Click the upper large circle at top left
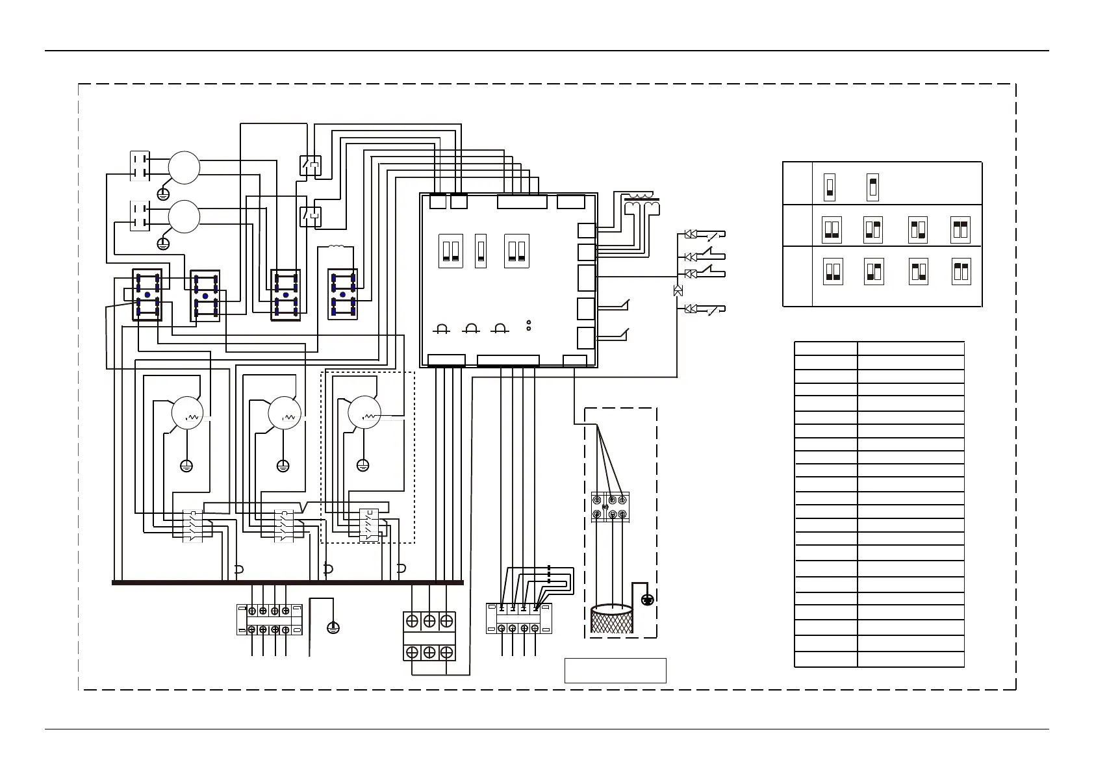click(184, 168)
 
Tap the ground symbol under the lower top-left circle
click(164, 244)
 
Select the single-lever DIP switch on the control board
click(481, 251)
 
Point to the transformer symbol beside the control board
click(641, 203)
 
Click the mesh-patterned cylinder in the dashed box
click(612, 618)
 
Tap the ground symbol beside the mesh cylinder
click(647, 600)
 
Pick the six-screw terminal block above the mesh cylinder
click(610, 507)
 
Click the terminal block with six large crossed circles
click(429, 636)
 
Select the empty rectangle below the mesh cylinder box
click(615, 670)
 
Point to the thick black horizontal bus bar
click(287, 583)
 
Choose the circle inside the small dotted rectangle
click(364, 412)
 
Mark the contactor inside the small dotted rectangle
click(369, 525)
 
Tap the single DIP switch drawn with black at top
click(873, 187)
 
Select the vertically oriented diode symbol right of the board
click(678, 290)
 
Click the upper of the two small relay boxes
click(310, 165)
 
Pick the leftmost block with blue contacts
click(147, 296)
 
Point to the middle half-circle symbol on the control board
click(471, 328)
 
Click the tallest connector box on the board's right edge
click(586, 277)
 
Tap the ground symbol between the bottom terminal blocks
click(333, 627)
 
